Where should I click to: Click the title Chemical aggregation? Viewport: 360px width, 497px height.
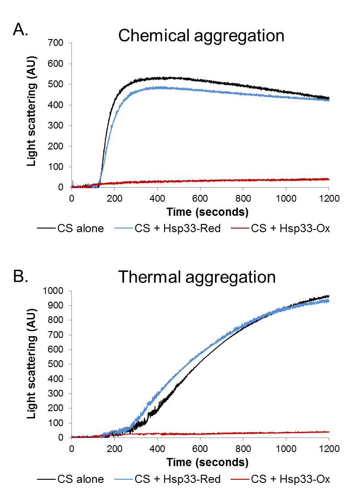[201, 35]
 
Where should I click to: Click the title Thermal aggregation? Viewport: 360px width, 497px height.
[197, 277]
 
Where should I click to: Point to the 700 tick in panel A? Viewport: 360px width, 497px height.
[59, 43]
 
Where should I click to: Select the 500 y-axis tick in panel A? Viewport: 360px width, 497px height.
[59, 84]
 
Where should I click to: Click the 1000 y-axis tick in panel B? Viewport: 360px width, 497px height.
[56, 291]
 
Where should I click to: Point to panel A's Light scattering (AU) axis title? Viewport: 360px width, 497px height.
[32, 115]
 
